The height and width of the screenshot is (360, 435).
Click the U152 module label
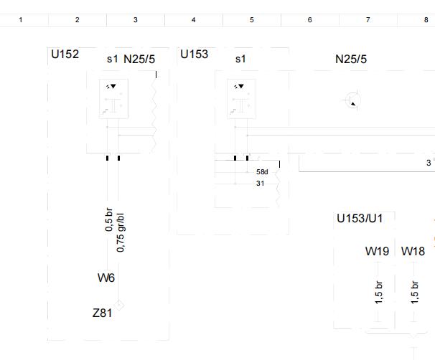tap(65, 54)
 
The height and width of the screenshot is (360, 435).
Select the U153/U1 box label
tap(360, 219)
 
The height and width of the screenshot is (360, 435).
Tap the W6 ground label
tap(106, 278)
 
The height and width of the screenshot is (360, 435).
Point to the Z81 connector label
tap(102, 313)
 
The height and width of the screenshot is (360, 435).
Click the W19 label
tap(377, 252)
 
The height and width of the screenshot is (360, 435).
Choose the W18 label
tap(413, 252)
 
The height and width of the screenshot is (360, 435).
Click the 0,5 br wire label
tap(109, 219)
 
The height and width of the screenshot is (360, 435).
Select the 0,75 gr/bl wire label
tap(121, 232)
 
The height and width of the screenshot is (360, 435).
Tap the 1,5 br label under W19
tap(379, 293)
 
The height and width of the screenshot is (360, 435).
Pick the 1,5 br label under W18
tap(414, 293)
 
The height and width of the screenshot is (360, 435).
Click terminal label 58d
tap(262, 172)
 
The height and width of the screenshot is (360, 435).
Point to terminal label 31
tap(260, 183)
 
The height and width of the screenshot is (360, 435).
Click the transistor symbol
tap(353, 100)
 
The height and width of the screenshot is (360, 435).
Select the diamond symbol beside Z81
tap(118, 305)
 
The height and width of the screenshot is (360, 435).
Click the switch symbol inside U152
tap(113, 99)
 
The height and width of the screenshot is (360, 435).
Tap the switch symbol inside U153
tap(241, 99)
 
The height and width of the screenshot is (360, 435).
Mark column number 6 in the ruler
tap(309, 20)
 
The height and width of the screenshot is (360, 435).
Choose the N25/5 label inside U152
tap(139, 59)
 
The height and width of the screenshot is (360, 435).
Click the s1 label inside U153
tap(240, 59)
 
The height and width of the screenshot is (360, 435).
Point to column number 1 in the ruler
tap(21, 20)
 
